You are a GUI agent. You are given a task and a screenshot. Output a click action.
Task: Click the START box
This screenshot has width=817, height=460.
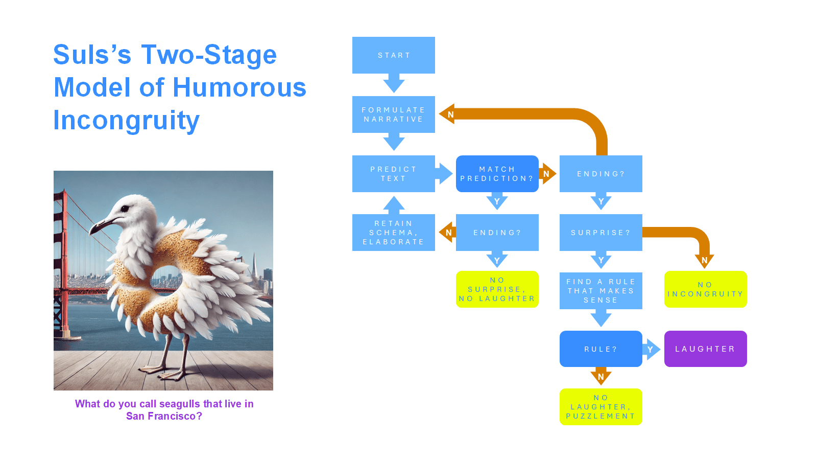pos(393,55)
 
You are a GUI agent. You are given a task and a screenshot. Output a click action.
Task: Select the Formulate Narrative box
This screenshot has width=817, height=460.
pos(393,114)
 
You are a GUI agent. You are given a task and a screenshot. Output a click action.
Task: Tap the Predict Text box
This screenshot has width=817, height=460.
pos(393,174)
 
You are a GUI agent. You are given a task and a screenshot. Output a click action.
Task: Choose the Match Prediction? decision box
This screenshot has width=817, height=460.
pos(497,174)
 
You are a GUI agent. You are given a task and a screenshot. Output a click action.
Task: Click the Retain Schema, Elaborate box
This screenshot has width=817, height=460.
pos(393,233)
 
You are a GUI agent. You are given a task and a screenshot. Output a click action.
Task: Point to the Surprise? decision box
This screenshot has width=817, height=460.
pos(600,233)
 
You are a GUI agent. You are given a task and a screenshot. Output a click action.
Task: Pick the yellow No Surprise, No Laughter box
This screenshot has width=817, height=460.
pos(497,289)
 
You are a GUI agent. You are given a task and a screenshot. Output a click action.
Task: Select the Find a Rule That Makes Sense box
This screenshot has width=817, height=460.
pos(600,291)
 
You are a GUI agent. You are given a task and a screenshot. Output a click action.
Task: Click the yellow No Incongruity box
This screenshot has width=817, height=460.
pos(705,289)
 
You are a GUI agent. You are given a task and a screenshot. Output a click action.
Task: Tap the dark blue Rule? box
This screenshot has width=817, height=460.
pos(600,349)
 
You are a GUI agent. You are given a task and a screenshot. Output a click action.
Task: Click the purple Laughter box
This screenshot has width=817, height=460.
pos(705,349)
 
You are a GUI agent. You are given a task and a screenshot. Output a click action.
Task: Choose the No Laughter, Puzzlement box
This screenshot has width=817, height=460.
pos(600,407)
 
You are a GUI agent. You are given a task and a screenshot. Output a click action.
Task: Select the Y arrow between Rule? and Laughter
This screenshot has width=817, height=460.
pos(651,350)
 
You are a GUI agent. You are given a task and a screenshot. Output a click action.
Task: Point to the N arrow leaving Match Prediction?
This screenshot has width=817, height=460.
pos(547,174)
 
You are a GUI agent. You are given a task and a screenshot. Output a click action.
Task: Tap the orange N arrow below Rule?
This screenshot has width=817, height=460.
pos(601,377)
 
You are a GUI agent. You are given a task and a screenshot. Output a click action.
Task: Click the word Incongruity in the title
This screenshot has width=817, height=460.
pos(126,121)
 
